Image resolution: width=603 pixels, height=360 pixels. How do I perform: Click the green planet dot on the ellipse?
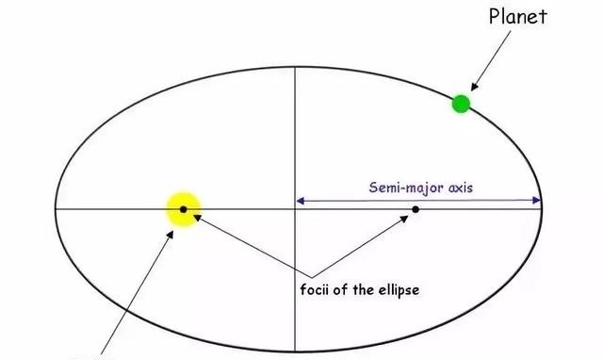461,104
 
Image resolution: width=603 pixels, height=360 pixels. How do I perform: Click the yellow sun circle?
184,209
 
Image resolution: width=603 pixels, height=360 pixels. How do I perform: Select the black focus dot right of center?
416,208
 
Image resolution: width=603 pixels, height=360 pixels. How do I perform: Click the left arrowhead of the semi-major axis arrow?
301,200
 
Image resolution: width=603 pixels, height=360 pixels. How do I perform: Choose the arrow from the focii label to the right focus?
367,245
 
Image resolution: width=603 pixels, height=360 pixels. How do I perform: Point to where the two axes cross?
296,208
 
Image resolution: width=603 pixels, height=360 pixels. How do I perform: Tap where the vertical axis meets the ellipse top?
296,67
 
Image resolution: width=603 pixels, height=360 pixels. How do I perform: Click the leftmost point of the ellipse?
55,208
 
